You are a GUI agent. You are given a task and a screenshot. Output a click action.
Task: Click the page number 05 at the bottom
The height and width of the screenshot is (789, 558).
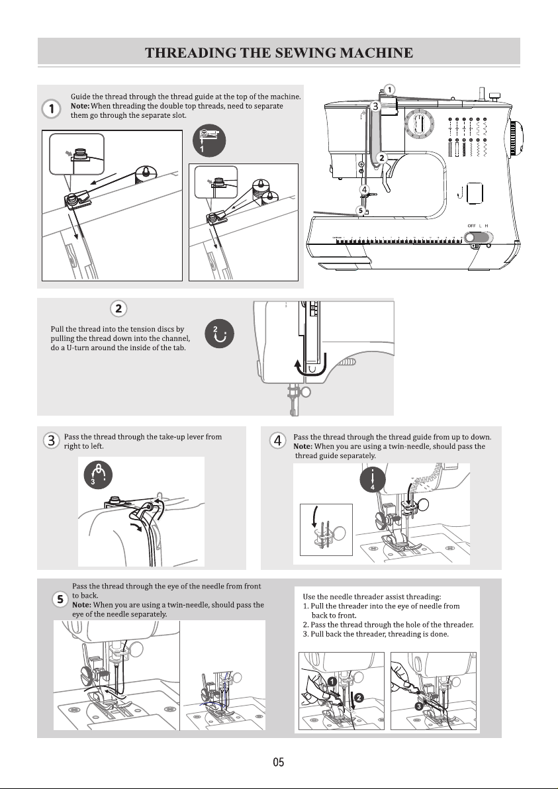coord(278,762)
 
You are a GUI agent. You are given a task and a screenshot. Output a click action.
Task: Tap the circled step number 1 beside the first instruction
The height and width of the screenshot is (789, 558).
coord(52,109)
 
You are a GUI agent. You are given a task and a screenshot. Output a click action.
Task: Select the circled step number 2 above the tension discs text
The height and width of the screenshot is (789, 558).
coord(118,308)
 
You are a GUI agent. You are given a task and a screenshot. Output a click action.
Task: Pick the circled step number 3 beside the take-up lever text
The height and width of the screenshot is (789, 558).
coord(52,440)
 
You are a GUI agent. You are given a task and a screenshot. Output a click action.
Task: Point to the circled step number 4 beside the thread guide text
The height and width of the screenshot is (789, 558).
coord(278,440)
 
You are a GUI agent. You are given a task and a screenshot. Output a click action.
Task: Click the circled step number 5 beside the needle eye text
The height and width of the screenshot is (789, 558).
coord(60,599)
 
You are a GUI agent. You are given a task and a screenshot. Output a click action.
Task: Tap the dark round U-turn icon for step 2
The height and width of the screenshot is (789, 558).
coord(219,333)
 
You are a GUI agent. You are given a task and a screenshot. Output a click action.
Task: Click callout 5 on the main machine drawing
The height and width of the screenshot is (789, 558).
coord(361,210)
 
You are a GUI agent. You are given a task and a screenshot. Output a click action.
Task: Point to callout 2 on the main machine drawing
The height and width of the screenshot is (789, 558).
coord(382,158)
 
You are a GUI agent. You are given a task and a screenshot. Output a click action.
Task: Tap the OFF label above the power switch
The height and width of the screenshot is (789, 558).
coord(471,226)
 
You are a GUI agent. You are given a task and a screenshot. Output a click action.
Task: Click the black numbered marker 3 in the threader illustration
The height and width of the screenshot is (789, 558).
coord(418,706)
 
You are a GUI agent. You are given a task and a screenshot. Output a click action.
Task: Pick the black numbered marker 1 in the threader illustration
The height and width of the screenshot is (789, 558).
coord(332,681)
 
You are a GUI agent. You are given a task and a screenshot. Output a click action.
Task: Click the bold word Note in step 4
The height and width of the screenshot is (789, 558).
coord(302,446)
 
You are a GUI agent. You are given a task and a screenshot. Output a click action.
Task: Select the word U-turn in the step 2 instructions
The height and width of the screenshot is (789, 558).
coord(75,348)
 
